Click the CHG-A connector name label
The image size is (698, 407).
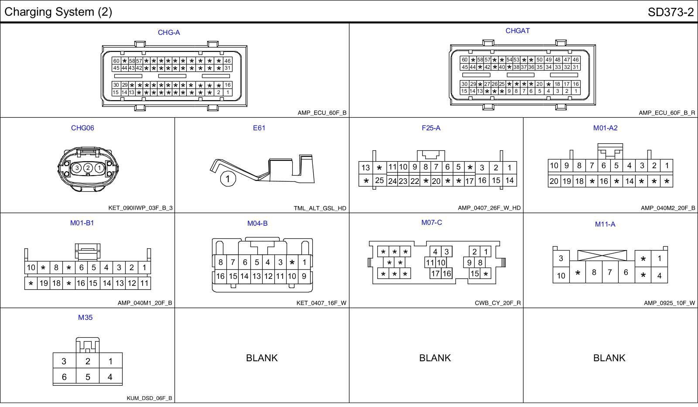coord(169,33)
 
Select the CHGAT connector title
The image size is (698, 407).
coord(517,31)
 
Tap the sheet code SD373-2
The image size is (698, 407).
coord(671,12)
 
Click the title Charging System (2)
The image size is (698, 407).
coord(58,12)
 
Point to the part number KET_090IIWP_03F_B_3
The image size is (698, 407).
coord(140,208)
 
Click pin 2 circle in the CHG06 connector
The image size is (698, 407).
coord(88,168)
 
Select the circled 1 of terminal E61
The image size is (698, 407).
coord(227,179)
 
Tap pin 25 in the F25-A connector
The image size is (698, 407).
coord(380,180)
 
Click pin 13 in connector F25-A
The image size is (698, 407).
coord(366,168)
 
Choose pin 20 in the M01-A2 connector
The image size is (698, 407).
coord(554,181)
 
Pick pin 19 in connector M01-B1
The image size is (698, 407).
coord(44,283)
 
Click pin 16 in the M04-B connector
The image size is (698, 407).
coord(220,276)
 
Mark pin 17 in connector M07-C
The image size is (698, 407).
coord(435,274)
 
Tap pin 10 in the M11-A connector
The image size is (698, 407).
coord(561,275)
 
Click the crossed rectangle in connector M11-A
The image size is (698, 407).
coord(602,255)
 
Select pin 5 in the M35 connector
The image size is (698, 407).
coord(88,377)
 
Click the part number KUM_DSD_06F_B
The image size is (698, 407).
coord(149,398)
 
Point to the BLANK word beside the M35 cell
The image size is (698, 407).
coord(262,358)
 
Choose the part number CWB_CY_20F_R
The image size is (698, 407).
coord(498,303)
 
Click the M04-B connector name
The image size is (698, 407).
coord(257,224)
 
